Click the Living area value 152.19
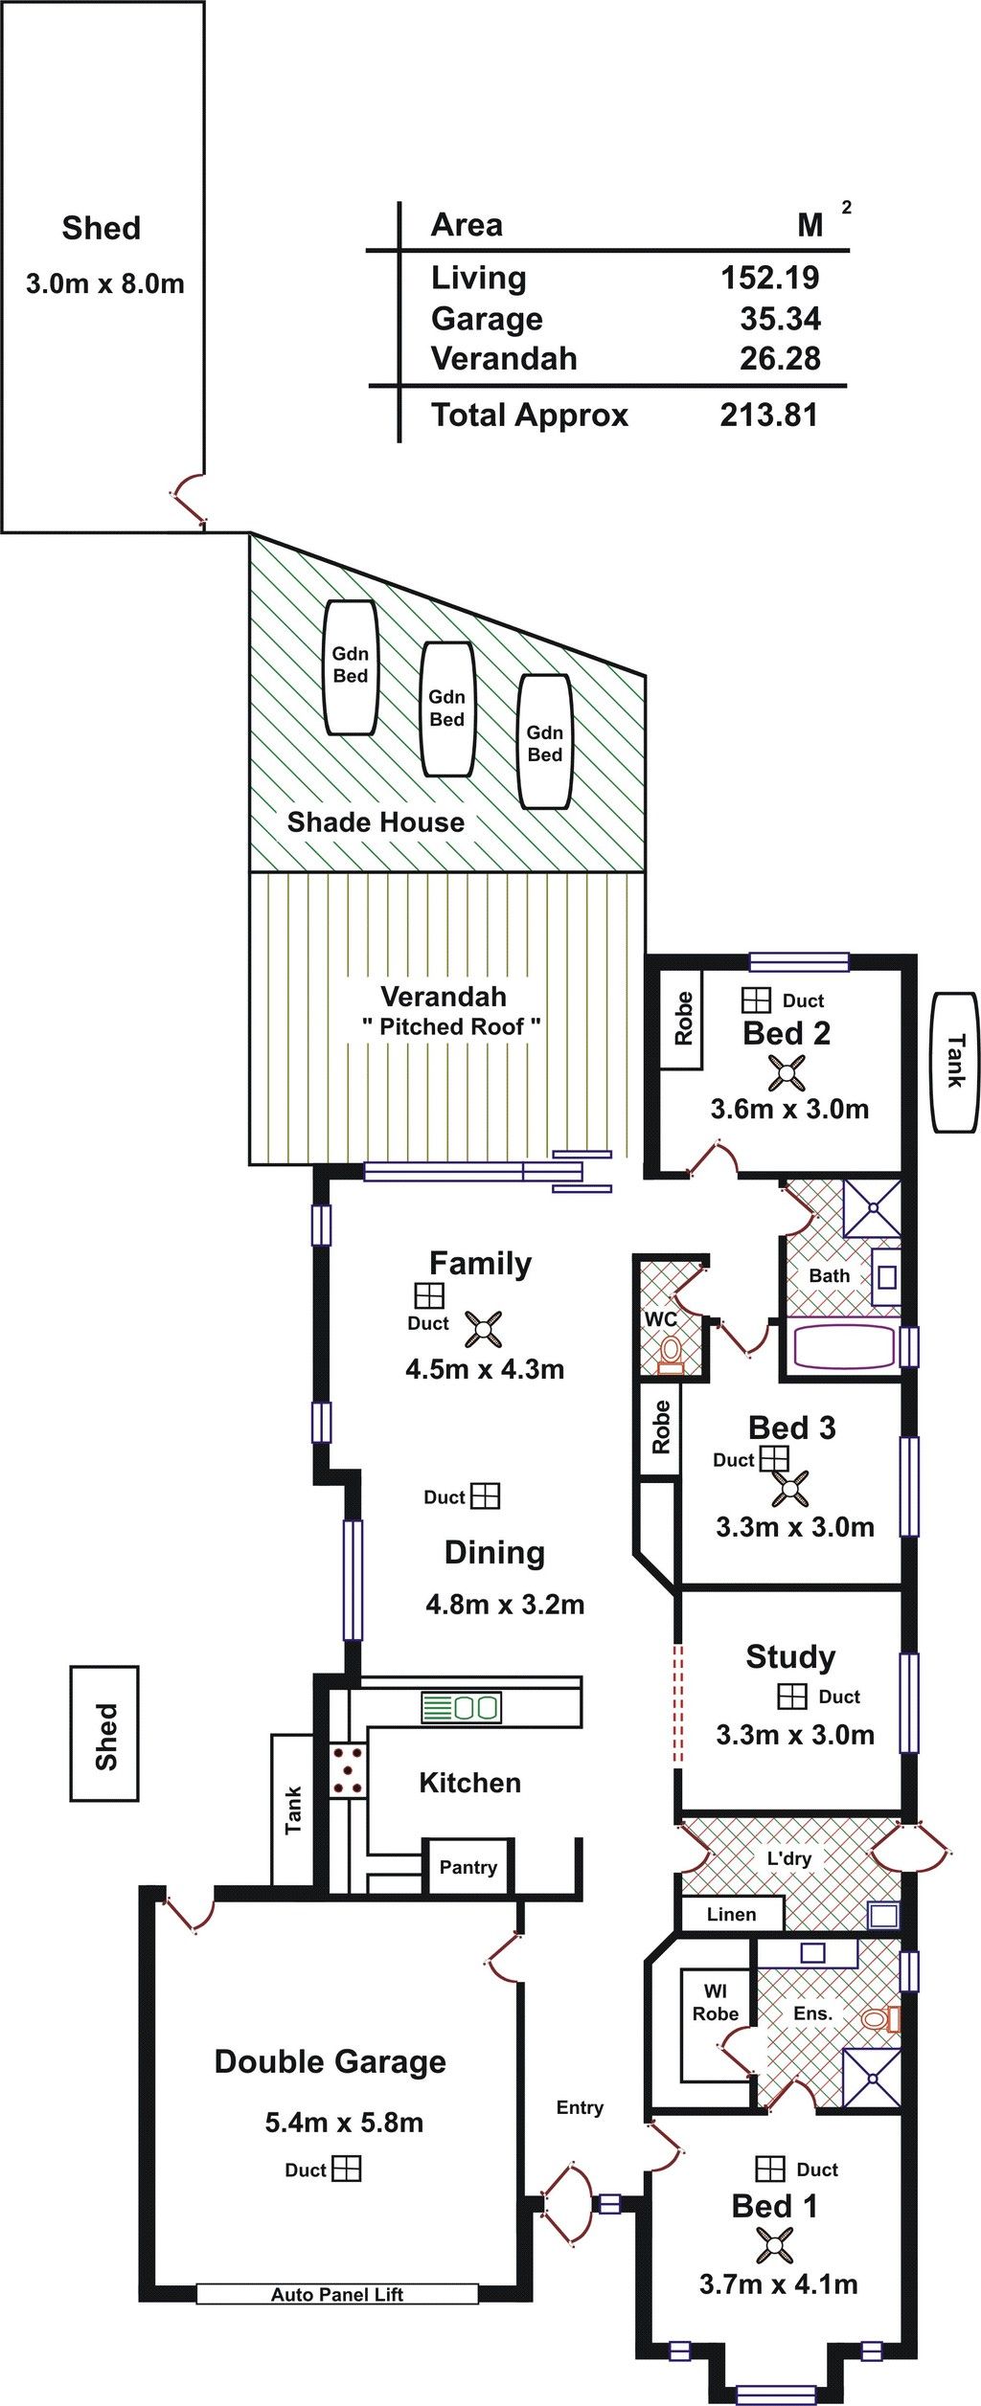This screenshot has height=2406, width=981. [x=770, y=278]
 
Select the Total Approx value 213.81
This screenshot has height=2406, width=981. [x=770, y=415]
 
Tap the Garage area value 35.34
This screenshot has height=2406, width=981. [x=780, y=319]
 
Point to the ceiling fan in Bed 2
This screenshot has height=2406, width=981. [x=787, y=1073]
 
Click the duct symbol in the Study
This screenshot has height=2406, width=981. [x=791, y=1696]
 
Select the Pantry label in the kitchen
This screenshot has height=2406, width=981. [x=468, y=1867]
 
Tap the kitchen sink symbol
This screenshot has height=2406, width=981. [x=461, y=1707]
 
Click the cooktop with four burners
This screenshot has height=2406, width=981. [x=348, y=1770]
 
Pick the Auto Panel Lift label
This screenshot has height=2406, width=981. [x=337, y=2294]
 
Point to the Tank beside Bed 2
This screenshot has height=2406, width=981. [x=955, y=1062]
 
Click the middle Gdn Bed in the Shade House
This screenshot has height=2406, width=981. [x=447, y=708]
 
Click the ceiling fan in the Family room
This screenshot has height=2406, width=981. [x=484, y=1329]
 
